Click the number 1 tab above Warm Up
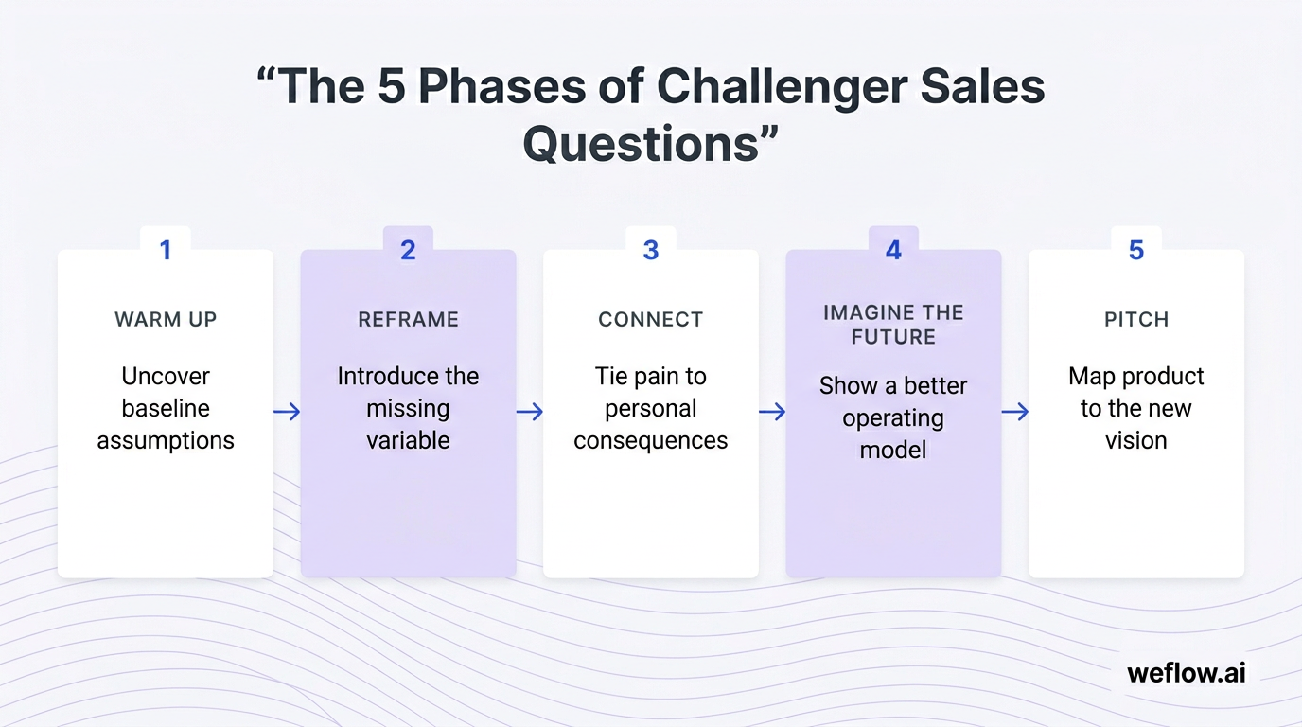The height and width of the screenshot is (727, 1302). tap(166, 250)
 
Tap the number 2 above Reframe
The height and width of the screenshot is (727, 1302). tap(408, 250)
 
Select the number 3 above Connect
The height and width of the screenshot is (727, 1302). tap(651, 250)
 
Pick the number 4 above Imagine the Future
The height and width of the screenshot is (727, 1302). tap(893, 250)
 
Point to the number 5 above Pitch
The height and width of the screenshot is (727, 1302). tap(1136, 250)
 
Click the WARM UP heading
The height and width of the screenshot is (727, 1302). tap(166, 320)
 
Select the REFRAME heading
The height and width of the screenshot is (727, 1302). tap(408, 320)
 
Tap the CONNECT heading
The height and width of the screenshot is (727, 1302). tap(651, 320)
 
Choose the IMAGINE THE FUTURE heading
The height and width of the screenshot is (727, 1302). tap(893, 325)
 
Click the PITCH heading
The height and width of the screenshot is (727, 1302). tap(1136, 320)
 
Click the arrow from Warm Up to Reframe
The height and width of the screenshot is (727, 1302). tap(287, 412)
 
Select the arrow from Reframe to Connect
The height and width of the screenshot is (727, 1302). tap(530, 412)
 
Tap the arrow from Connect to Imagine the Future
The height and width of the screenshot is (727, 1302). tap(772, 412)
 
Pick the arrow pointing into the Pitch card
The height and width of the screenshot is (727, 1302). tap(1015, 412)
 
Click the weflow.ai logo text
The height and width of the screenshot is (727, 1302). tap(1187, 673)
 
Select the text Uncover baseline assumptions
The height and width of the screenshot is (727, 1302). tap(166, 408)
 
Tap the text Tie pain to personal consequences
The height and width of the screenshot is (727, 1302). tap(651, 408)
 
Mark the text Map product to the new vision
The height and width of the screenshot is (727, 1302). tap(1136, 408)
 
